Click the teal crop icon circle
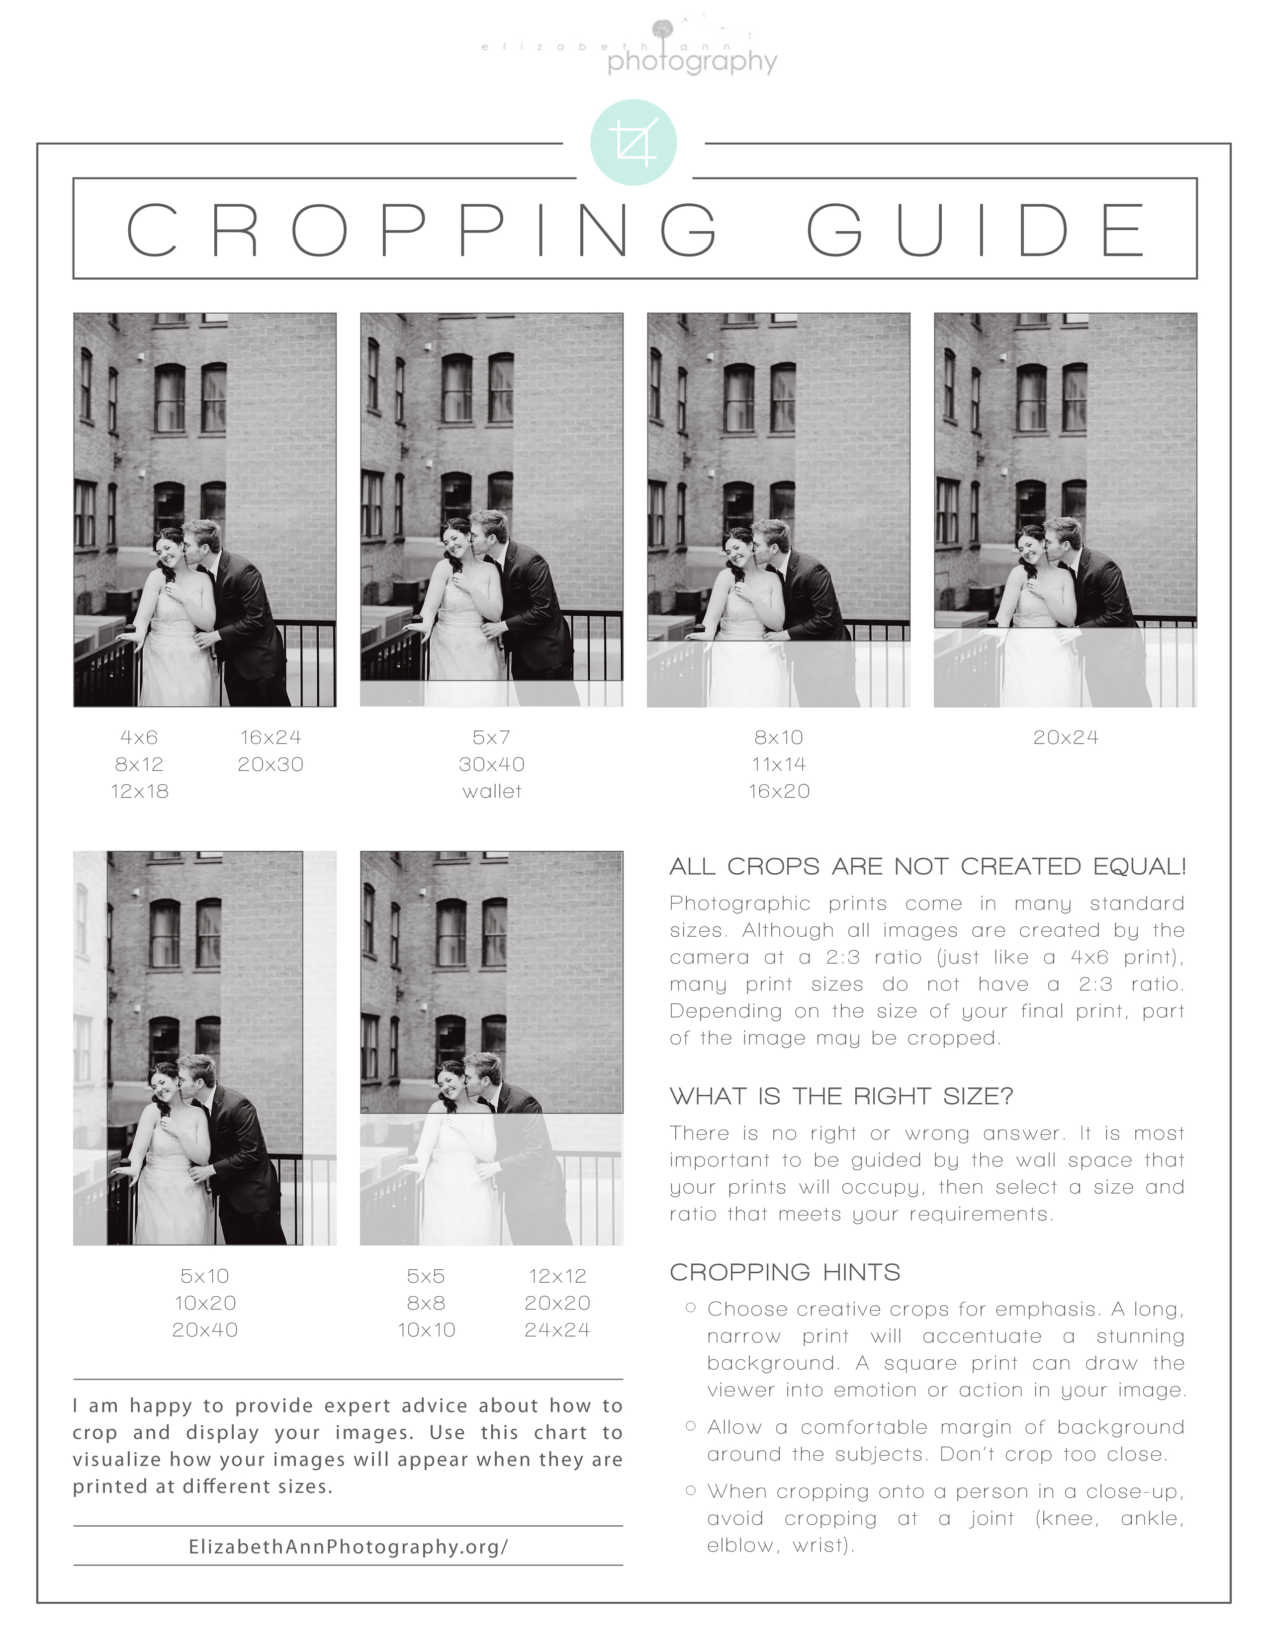click(633, 142)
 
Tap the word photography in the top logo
click(692, 62)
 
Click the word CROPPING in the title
click(421, 229)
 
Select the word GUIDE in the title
click(977, 229)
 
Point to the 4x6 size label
click(139, 738)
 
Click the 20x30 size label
click(271, 764)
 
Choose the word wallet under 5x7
click(492, 792)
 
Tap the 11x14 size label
click(779, 764)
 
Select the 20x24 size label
click(1065, 738)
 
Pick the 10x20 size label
click(205, 1303)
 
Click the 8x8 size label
click(426, 1303)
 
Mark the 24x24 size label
click(557, 1330)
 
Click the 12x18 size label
click(140, 792)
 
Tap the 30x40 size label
click(492, 764)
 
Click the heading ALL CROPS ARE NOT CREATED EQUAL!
click(928, 867)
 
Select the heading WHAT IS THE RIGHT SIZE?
click(841, 1096)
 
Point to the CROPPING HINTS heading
click(785, 1272)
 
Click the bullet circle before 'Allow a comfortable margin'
click(690, 1425)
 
